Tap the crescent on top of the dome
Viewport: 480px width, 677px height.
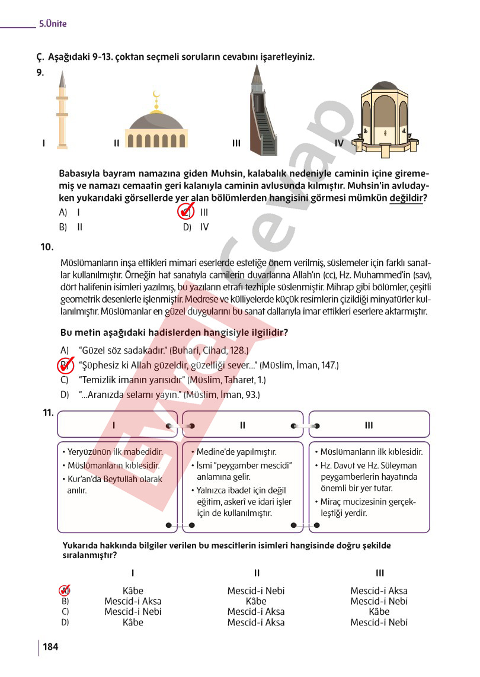pyautogui.click(x=156, y=94)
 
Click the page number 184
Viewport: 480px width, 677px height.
pyautogui.click(x=50, y=646)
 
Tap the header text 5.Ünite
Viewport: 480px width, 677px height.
pyautogui.click(x=53, y=24)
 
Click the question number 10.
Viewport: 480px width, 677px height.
pyautogui.click(x=48, y=246)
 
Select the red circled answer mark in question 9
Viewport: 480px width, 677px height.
pyautogui.click(x=186, y=211)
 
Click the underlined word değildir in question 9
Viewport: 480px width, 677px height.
pyautogui.click(x=406, y=198)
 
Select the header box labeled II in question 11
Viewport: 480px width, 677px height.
pyautogui.click(x=243, y=425)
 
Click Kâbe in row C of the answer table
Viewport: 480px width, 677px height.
pyautogui.click(x=379, y=612)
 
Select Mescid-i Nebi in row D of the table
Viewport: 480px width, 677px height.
pyautogui.click(x=379, y=623)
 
